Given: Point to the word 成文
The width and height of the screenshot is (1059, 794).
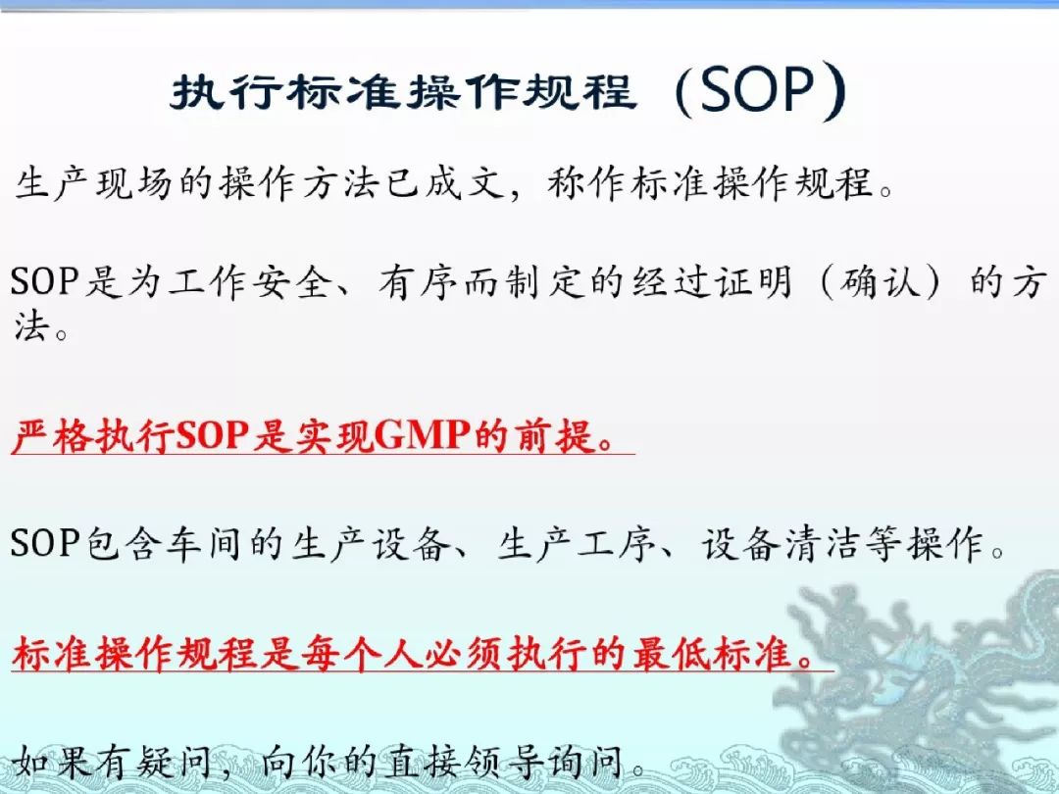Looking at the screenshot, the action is (466, 183).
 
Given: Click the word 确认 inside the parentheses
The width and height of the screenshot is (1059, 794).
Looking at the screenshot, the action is (881, 281).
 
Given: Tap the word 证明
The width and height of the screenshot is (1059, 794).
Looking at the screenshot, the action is (753, 281).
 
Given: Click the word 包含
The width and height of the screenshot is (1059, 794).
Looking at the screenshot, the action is (124, 543).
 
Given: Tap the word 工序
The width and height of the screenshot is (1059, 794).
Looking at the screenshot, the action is (615, 543).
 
